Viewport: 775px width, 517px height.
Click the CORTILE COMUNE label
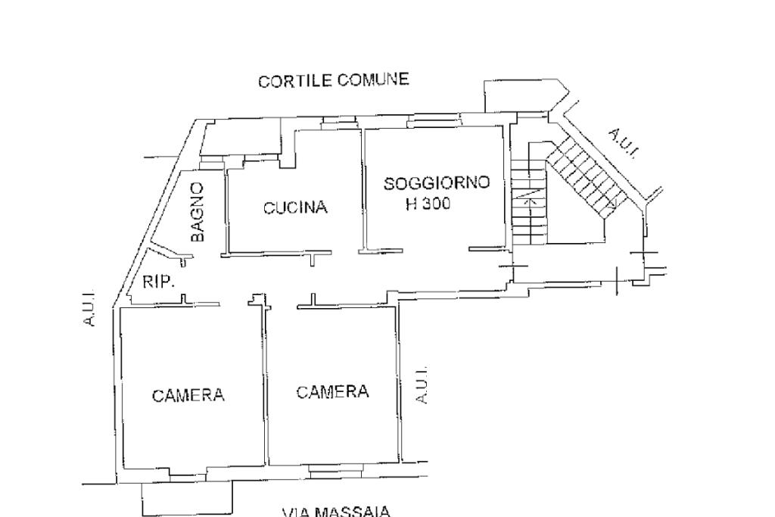point(333,80)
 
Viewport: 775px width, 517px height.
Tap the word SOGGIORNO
point(437,183)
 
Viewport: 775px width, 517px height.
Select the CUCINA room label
point(295,207)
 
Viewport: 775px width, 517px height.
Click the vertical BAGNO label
point(198,211)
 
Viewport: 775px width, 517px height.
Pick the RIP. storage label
point(158,283)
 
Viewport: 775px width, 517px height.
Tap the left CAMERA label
point(188,395)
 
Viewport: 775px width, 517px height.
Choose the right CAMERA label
point(332,392)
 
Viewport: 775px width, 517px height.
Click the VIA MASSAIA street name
point(336,512)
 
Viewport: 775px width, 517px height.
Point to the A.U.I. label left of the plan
point(89,310)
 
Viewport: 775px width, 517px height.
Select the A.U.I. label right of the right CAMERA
point(422,385)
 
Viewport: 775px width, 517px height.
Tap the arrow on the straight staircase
point(531,201)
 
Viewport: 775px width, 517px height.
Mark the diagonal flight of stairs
point(586,178)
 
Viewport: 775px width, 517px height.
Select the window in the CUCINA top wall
point(331,123)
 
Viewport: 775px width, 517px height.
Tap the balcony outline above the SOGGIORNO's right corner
point(525,96)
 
